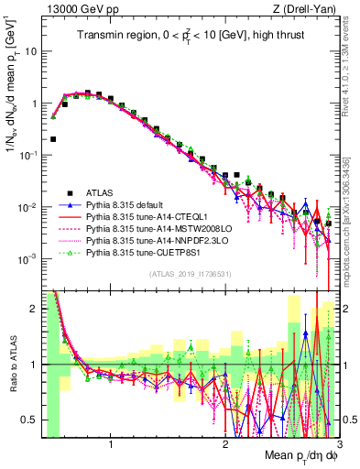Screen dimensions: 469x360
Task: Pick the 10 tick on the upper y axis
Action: tap(31, 51)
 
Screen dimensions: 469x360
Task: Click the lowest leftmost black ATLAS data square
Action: tap(53, 139)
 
